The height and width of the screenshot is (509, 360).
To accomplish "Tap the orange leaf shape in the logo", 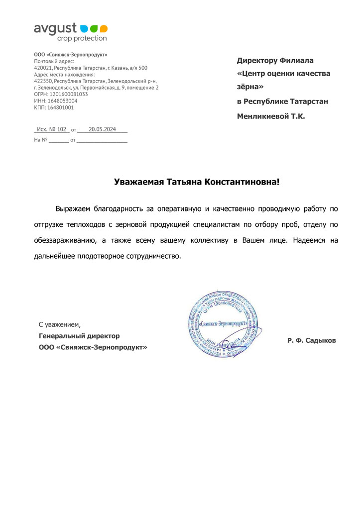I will click(103, 28).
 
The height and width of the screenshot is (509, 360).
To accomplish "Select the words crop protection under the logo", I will click(82, 38).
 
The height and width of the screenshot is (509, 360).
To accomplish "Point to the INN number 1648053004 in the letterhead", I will click(61, 101).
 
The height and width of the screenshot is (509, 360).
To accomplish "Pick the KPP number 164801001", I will click(60, 107).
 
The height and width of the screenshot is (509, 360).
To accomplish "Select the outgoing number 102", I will click(61, 129).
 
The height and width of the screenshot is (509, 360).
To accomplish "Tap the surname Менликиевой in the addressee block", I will click(261, 116).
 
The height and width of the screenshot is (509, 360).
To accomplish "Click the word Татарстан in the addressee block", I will click(304, 102).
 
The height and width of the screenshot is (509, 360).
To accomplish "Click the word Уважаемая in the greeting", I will click(138, 182).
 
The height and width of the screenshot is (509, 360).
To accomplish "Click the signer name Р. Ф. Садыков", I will click(311, 341).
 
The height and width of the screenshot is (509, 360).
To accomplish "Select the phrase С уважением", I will click(59, 325).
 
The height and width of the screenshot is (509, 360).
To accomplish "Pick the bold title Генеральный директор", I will click(79, 336).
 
